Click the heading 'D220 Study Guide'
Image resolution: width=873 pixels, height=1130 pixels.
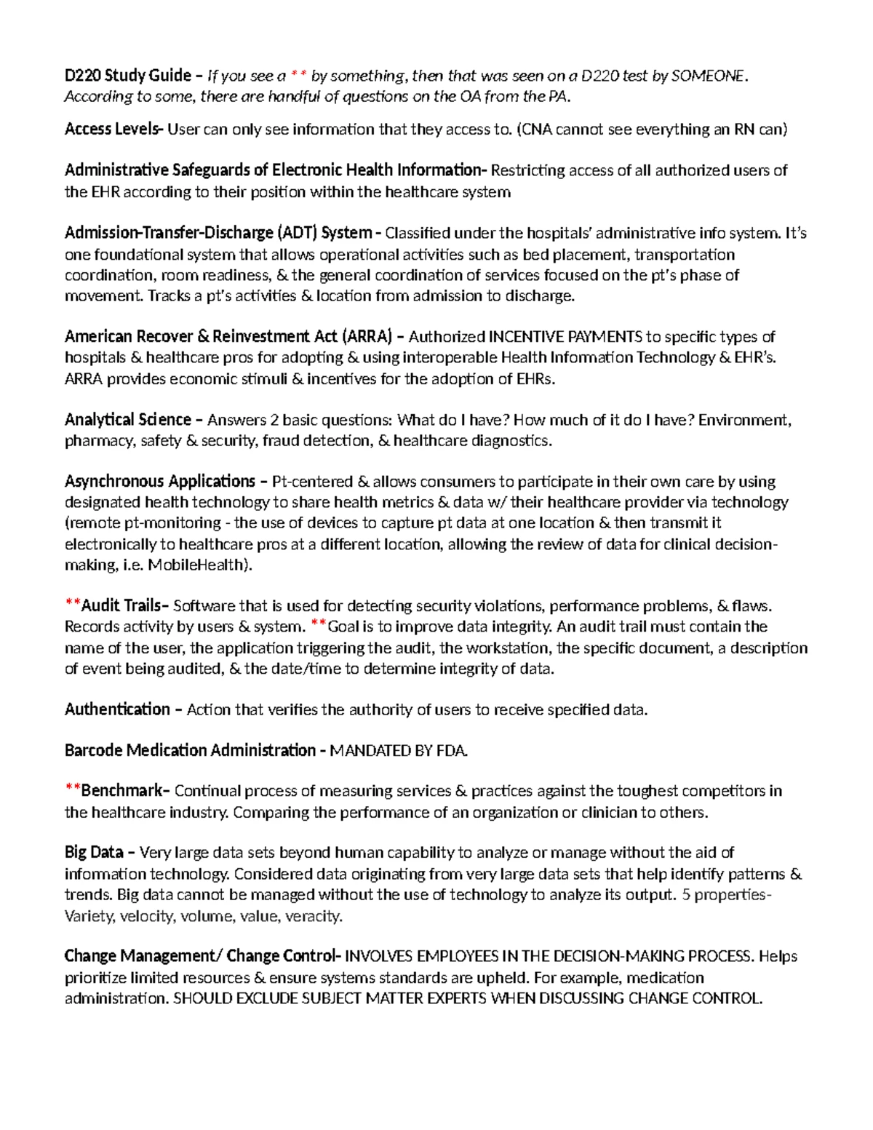click(x=128, y=76)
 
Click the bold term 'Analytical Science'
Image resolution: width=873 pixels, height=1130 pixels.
click(x=128, y=420)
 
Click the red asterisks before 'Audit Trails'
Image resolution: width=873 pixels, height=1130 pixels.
click(x=72, y=605)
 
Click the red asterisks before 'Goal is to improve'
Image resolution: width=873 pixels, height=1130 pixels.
click(x=319, y=626)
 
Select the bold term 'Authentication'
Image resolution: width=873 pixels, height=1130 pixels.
click(x=117, y=709)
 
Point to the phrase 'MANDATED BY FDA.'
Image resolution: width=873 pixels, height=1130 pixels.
click(x=399, y=751)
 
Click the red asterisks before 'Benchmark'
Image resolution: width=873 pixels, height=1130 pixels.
click(x=72, y=790)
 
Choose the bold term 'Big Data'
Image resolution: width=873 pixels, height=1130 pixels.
click(x=94, y=852)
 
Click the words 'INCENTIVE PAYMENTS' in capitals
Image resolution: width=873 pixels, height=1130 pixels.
click(x=565, y=337)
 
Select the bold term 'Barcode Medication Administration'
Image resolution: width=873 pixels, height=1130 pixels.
click(x=190, y=751)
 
